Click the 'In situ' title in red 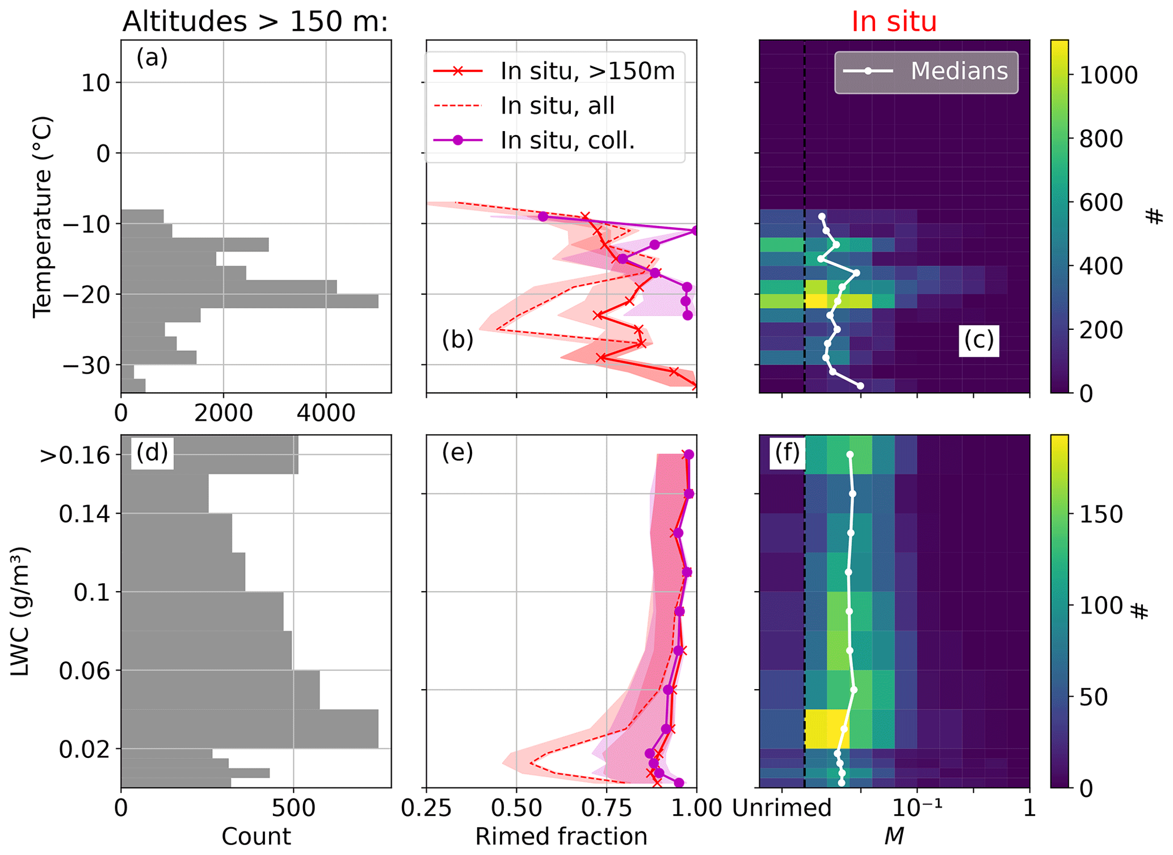pos(894,22)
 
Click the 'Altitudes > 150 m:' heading pos(255,22)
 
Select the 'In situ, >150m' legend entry pos(587,71)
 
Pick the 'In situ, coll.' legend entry pos(567,140)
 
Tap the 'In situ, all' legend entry pos(557,106)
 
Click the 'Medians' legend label pos(959,71)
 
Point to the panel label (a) pos(152,58)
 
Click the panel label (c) pos(979,340)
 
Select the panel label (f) pos(787,452)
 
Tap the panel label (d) pos(152,452)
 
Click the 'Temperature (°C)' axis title pos(43,217)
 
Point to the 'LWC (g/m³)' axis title pos(20,611)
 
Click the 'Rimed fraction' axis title pos(561,836)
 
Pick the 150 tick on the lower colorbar pos(1100,514)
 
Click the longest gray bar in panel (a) pos(250,301)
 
